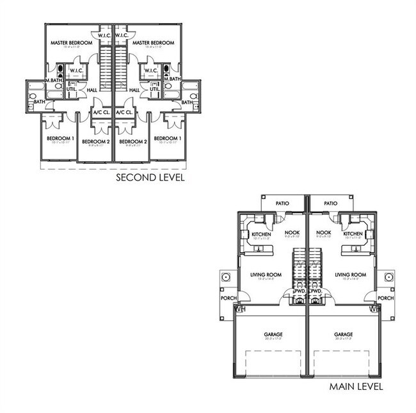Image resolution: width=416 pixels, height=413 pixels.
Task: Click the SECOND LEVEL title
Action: tap(150, 177)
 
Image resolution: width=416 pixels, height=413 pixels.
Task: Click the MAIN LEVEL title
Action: tap(356, 387)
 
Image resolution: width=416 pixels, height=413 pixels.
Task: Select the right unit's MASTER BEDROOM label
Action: tap(150, 43)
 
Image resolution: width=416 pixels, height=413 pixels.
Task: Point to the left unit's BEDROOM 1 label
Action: tap(60, 138)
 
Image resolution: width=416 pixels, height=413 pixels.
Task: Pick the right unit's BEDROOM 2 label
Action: tap(133, 141)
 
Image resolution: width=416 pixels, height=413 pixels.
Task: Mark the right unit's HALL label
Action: tap(134, 90)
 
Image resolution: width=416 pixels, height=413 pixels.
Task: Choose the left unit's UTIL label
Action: tap(72, 88)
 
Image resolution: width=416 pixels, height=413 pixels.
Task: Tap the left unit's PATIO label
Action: tap(282, 204)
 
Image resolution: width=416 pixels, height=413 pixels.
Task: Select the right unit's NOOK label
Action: tap(324, 232)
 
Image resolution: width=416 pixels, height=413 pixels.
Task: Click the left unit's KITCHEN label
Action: tap(261, 234)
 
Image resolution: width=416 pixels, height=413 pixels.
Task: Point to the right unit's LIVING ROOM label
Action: tap(350, 275)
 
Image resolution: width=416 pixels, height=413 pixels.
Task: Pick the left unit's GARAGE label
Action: tap(272, 334)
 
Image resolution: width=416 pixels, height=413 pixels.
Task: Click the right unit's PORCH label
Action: tap(385, 298)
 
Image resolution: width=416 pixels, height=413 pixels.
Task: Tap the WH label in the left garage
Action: tap(240, 309)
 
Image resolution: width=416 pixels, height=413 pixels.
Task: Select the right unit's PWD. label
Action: tap(315, 291)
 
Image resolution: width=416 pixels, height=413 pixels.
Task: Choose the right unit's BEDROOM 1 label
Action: tap(166, 138)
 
